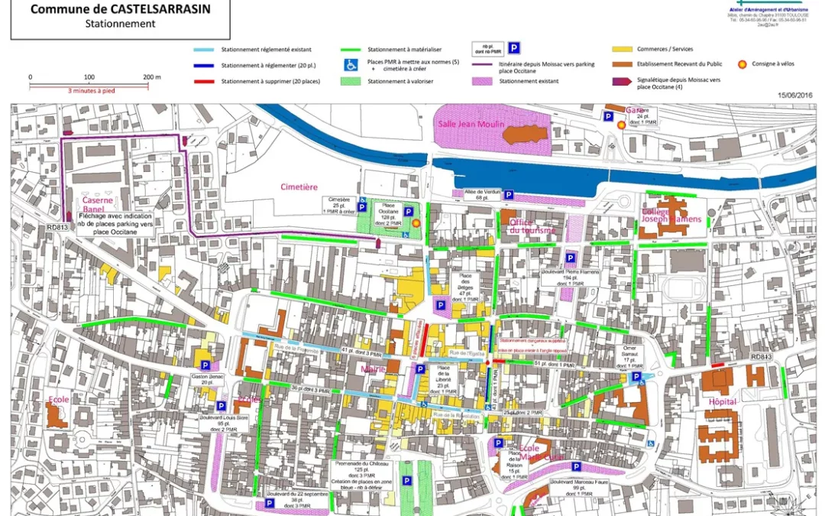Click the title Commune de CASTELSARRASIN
[x=120, y=9]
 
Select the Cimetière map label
[x=299, y=187]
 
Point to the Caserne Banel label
[x=98, y=205]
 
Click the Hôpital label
[x=722, y=401]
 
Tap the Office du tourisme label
[x=532, y=226]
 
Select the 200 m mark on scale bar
[x=150, y=77]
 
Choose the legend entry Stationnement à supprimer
[x=270, y=81]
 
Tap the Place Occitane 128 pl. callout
[x=389, y=215]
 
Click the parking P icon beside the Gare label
[x=609, y=116]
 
